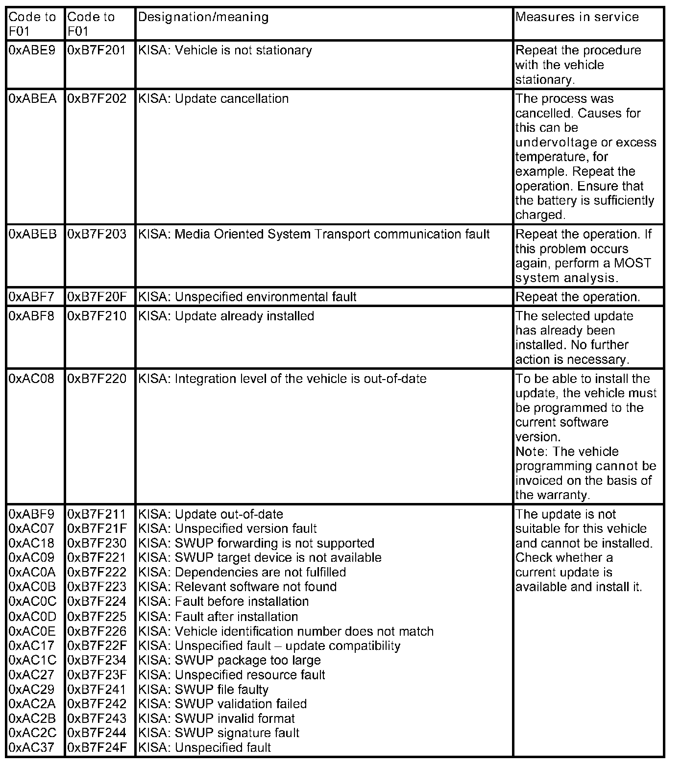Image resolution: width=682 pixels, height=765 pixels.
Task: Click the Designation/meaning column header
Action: [203, 17]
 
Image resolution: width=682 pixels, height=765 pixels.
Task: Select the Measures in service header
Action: [577, 17]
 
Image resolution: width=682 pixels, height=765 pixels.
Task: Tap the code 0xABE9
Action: [32, 50]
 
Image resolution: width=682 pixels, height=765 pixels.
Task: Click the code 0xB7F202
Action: [97, 99]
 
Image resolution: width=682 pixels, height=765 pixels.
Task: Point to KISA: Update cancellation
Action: [214, 99]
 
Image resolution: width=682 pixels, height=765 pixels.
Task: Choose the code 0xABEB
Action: [33, 235]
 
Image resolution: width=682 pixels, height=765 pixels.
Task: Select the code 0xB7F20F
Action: [97, 297]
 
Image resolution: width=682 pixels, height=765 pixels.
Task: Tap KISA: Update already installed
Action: [226, 316]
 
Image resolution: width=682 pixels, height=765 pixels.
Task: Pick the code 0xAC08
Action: [32, 379]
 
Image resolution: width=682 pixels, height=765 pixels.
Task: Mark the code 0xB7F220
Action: [97, 379]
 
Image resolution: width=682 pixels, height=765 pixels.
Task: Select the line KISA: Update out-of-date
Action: [211, 515]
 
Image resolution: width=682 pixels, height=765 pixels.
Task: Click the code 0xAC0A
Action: [33, 573]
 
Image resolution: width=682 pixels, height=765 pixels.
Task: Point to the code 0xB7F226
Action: [97, 631]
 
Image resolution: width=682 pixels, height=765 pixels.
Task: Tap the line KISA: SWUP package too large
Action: [230, 660]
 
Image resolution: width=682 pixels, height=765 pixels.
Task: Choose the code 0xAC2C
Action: [33, 733]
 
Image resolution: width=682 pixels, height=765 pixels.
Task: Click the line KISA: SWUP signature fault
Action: [219, 733]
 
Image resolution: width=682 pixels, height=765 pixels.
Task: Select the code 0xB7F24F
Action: [97, 748]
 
